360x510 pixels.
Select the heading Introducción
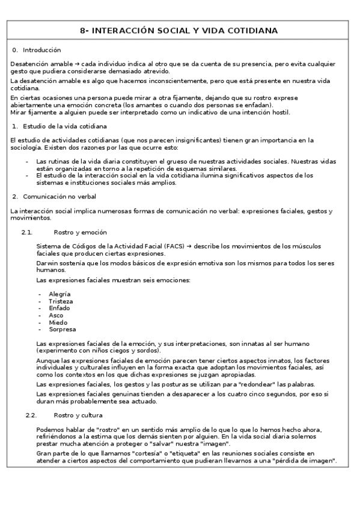click(x=41, y=50)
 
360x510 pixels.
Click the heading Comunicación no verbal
click(x=59, y=197)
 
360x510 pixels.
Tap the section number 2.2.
click(x=31, y=415)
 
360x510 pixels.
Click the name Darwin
click(x=47, y=263)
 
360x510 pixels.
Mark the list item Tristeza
click(x=61, y=301)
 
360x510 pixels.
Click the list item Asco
click(x=56, y=315)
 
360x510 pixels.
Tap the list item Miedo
click(x=58, y=322)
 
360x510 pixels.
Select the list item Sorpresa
click(x=63, y=330)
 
